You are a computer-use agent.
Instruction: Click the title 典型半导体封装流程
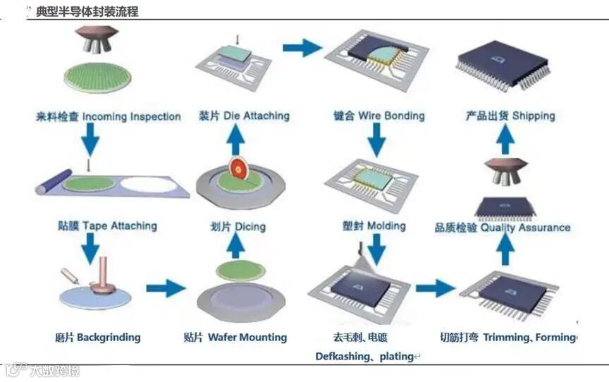coord(87,12)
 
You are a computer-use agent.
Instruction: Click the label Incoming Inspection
coord(131,116)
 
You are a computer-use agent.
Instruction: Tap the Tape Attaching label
coord(119,226)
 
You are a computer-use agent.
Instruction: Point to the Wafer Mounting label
coord(247,337)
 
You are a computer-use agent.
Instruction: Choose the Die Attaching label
coord(257,116)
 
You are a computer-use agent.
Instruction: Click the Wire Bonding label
coord(391,116)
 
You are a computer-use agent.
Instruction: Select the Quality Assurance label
coord(526,227)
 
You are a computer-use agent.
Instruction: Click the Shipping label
coord(534,116)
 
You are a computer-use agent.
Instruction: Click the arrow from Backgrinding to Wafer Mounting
coord(166,288)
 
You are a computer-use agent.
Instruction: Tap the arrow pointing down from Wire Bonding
coord(377,142)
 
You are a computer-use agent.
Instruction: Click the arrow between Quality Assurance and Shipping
coord(504,142)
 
